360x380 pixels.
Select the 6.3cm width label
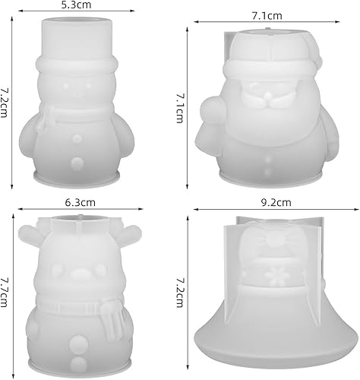[79, 202]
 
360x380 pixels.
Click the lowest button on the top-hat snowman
[76, 163]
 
